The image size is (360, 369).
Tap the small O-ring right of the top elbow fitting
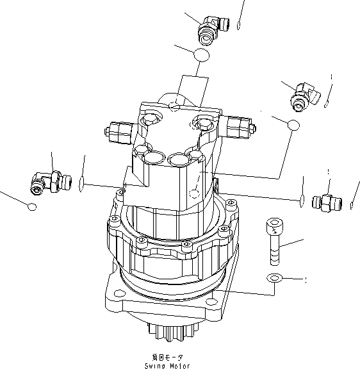238,26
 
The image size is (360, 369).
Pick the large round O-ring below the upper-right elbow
293,124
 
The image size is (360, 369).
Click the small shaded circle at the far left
31,206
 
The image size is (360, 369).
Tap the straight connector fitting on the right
323,203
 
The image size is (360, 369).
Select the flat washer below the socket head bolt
274,278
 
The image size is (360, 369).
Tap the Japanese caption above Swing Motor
166,356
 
